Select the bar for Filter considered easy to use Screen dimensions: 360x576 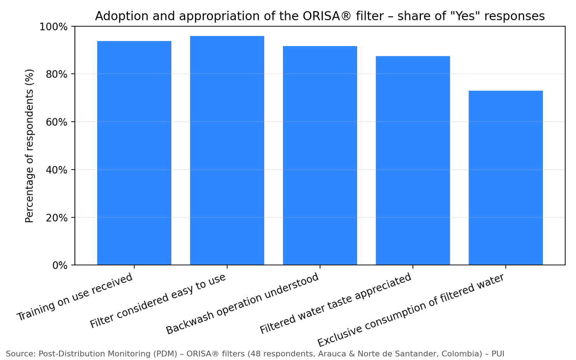point(227,150)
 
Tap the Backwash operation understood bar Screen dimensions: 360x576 point(320,155)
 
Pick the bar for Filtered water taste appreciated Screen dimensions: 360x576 point(413,160)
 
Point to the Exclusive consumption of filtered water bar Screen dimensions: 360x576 point(506,178)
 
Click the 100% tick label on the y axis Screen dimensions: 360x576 point(54,27)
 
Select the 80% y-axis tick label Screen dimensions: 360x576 point(57,74)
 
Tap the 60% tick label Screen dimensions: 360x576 point(57,122)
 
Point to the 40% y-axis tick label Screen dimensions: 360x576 point(57,170)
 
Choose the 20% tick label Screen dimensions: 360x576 point(57,218)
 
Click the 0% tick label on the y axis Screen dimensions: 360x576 point(60,265)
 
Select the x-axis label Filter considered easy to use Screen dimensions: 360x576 point(158,301)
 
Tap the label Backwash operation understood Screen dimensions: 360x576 point(243,304)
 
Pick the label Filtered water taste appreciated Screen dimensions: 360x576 point(336,304)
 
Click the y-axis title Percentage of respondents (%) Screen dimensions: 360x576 point(30,146)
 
